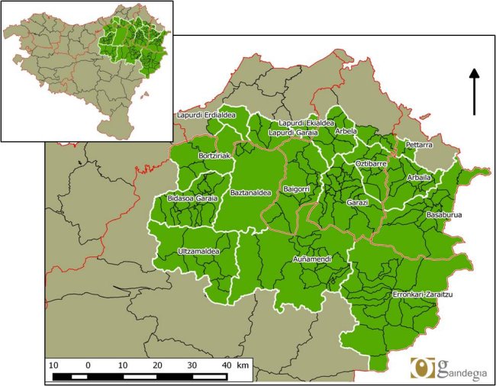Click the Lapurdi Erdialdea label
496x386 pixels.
pos(206,115)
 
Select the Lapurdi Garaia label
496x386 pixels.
pos(293,133)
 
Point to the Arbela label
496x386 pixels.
pos(346,131)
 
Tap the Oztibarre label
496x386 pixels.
pos(371,164)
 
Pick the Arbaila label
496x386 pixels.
pos(419,178)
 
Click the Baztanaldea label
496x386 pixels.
pos(250,193)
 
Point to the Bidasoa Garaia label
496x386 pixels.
pos(192,199)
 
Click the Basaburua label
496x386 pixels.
pos(444,215)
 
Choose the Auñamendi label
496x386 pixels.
pos(312,260)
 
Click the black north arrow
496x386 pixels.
pos(474,92)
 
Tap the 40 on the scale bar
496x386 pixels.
pos(226,365)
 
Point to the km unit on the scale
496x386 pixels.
pos(243,365)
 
